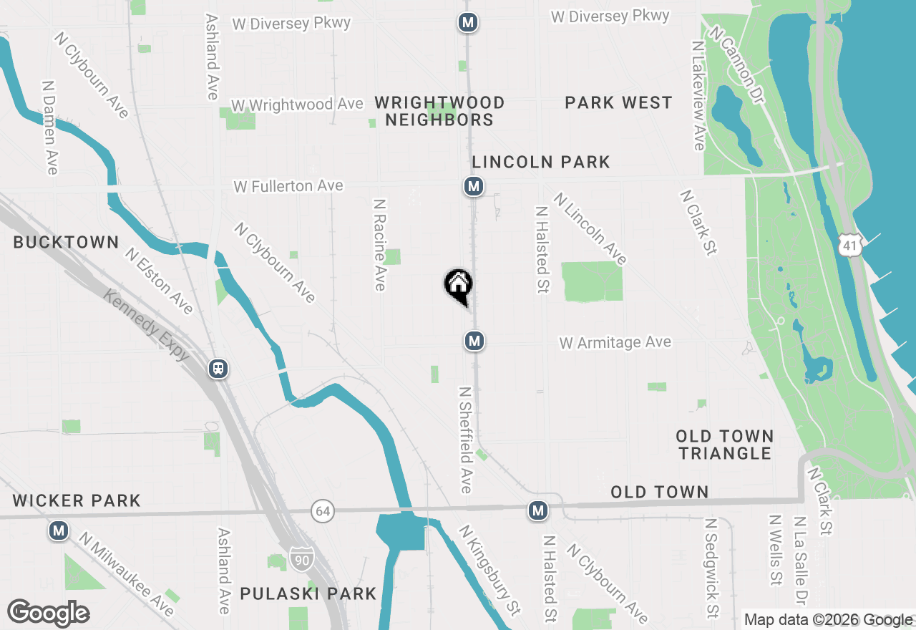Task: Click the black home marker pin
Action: click(458, 285)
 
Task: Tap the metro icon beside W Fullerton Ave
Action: click(473, 187)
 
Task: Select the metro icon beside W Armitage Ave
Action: click(474, 341)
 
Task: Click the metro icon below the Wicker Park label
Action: click(59, 531)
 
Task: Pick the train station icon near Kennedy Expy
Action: click(218, 369)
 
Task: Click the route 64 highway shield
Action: click(323, 511)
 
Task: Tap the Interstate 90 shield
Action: click(301, 559)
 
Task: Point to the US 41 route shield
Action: click(849, 244)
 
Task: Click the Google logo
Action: click(48, 614)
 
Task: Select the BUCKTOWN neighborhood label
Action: click(66, 242)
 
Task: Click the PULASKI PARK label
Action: click(308, 593)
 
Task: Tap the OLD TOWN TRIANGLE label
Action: click(725, 445)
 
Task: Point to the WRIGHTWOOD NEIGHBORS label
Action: click(439, 111)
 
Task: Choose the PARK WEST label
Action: click(618, 102)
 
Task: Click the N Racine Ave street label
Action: click(380, 244)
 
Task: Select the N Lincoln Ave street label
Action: click(590, 228)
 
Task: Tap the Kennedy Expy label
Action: click(147, 325)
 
